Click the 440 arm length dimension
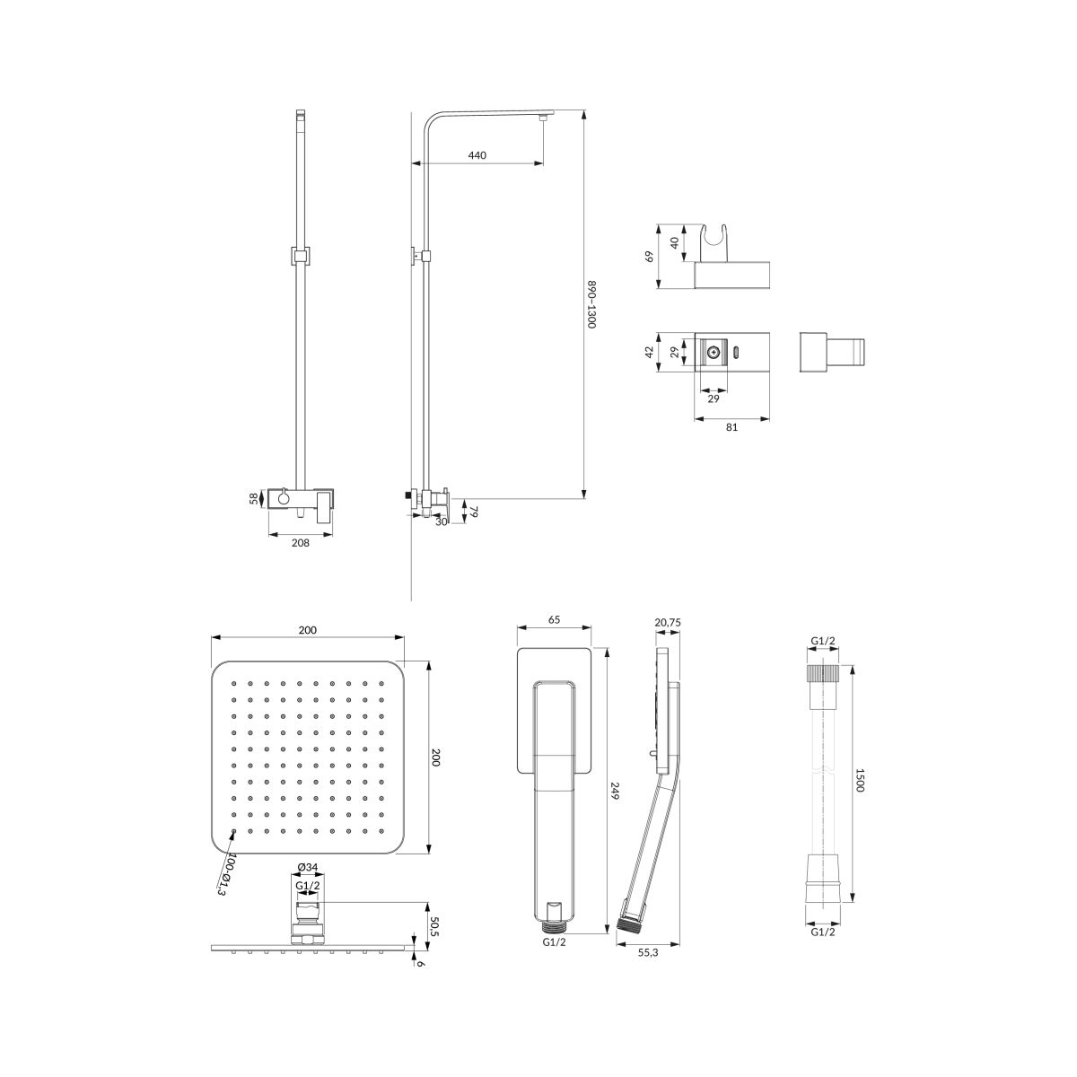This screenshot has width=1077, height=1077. point(477,154)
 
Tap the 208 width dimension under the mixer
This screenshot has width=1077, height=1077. point(300,542)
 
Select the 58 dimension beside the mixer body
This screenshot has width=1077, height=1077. point(254,498)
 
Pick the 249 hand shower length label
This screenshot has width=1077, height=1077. point(616,792)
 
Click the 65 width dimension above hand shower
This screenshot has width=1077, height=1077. point(554,619)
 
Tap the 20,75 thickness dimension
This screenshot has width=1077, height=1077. point(668,623)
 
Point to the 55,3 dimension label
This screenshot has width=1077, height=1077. point(647,952)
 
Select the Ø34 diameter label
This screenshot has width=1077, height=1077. point(308,882)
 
